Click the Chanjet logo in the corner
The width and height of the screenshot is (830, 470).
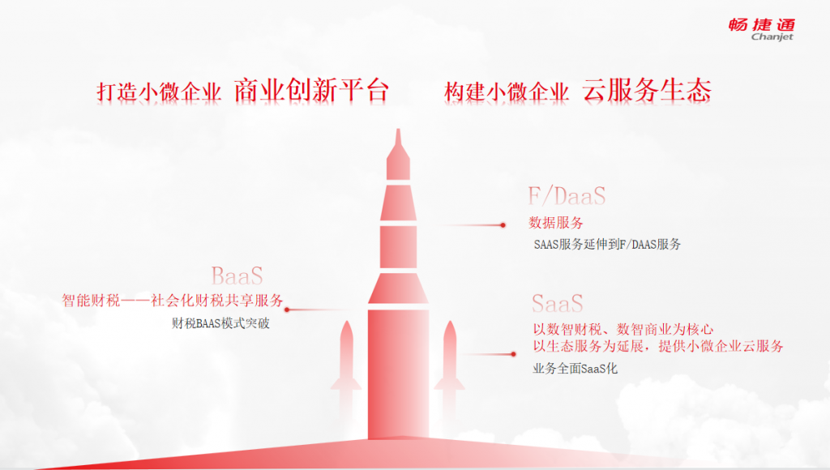[x=761, y=30]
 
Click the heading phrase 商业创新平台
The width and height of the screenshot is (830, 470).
[x=312, y=91]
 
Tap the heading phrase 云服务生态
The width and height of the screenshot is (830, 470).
[x=647, y=91]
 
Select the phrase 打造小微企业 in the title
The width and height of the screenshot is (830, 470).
[x=159, y=92]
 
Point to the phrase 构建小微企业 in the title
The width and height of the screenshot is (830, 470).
[x=507, y=92]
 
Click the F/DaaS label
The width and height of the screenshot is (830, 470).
[x=567, y=196]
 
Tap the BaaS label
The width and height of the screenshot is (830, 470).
[x=237, y=276]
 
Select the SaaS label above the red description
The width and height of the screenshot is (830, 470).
[x=558, y=304]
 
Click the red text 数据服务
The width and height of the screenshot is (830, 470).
[x=556, y=223]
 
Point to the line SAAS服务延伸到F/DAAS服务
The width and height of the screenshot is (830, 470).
[x=607, y=245]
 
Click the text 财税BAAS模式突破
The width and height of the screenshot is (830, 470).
[x=220, y=323]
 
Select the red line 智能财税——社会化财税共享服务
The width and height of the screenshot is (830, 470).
[x=173, y=301]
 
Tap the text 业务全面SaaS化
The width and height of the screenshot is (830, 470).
[x=575, y=369]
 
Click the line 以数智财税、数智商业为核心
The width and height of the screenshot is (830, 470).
[x=623, y=330]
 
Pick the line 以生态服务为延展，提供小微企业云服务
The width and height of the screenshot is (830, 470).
[x=658, y=347]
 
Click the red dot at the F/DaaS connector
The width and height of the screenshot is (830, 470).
[x=503, y=225]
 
